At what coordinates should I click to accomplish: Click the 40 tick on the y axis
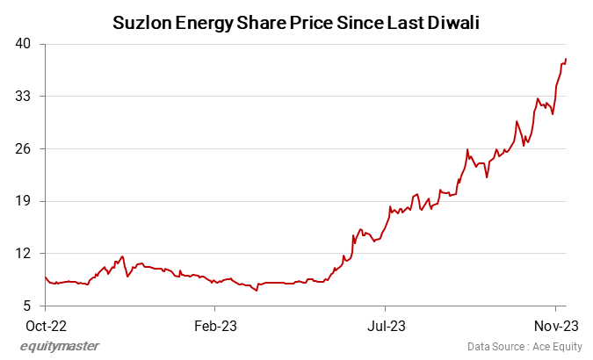(x=23, y=43)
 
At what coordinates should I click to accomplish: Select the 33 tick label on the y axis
(x=23, y=96)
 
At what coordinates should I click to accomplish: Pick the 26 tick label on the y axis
(x=23, y=148)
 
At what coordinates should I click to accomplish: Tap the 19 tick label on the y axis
(x=23, y=201)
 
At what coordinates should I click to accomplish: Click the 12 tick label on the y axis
(x=23, y=254)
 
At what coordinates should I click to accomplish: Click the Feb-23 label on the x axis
(x=215, y=324)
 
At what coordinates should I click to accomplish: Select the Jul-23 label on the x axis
(x=386, y=324)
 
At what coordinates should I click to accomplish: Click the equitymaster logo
(x=60, y=346)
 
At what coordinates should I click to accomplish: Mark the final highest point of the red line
(x=566, y=59)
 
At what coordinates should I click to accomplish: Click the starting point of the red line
(x=46, y=277)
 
